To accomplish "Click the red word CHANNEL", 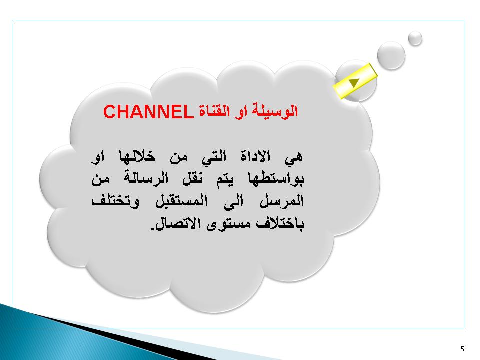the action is point(149,111).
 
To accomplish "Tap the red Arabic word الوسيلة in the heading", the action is point(275,111).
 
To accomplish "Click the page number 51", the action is point(463,349).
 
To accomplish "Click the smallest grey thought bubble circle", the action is point(415,39).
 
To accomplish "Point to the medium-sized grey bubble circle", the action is point(391,55).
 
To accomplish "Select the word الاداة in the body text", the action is point(255,156).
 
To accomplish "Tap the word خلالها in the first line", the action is point(137,156).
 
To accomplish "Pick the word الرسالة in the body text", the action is point(146,178).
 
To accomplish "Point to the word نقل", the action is point(192,179).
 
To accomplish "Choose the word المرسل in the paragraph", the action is point(282,201).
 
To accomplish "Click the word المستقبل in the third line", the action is point(182,201).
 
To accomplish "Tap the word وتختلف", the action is point(115,201).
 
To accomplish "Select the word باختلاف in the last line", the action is point(280,224).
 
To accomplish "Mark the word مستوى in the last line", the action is point(229,225).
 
